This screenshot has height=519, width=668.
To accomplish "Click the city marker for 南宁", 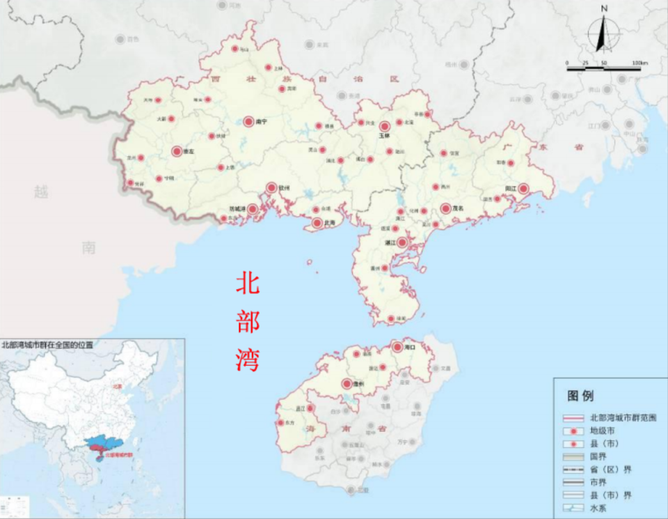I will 248,121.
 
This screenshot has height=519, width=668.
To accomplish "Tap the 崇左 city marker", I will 177,150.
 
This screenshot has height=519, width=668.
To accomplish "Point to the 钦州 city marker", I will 271,187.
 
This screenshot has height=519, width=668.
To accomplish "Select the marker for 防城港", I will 253,209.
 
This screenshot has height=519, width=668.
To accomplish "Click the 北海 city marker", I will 317,223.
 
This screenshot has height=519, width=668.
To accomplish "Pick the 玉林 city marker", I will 384,126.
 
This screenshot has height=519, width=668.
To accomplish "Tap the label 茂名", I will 457,208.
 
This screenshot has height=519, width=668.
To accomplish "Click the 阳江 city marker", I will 523,189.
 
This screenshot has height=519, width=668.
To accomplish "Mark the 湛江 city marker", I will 401,242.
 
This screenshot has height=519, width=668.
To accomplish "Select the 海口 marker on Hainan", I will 397,346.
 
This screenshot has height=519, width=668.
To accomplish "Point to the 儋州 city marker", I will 346,383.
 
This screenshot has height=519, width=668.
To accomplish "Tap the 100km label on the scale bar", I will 639,63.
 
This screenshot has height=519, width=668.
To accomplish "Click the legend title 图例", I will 580,396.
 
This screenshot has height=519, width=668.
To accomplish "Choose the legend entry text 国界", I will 598,456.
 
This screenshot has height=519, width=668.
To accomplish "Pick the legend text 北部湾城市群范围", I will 623,418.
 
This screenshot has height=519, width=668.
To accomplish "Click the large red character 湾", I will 248,359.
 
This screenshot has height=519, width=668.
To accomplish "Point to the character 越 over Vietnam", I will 42,191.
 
